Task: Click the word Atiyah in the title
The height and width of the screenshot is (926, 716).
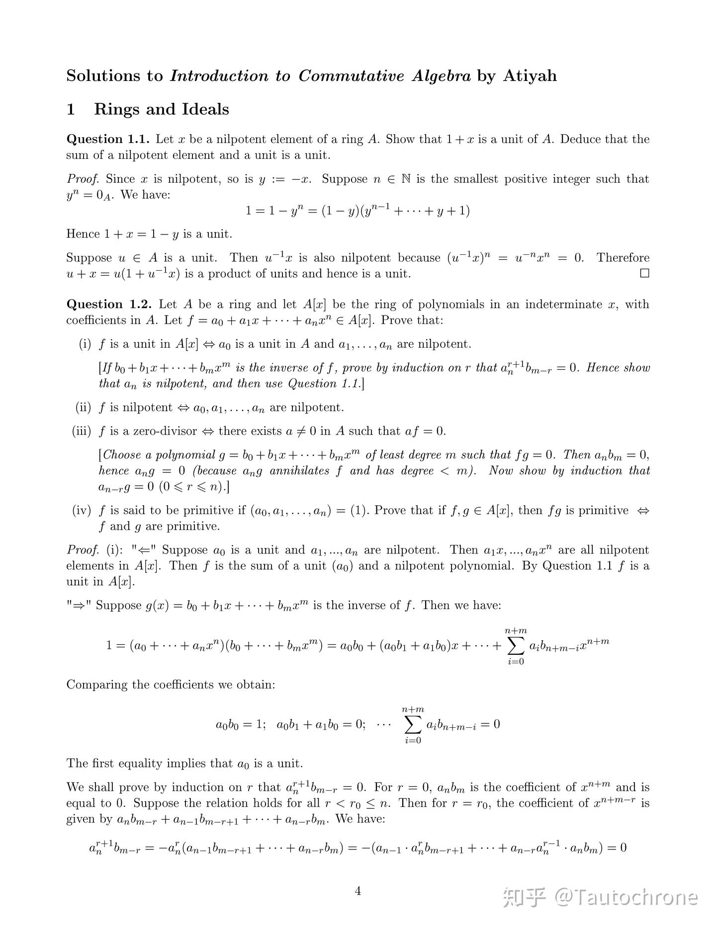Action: point(530,76)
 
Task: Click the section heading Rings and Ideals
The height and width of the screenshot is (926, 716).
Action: point(161,109)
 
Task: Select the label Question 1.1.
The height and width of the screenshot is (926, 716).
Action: point(108,139)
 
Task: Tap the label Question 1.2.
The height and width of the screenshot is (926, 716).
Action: point(108,304)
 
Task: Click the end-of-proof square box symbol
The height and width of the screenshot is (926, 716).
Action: point(644,273)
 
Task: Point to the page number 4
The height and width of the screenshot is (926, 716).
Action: point(358,891)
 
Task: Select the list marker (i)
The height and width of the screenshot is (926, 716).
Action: point(85,344)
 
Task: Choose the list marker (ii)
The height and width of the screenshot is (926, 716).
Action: point(83,408)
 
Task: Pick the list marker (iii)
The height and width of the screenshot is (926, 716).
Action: point(82,431)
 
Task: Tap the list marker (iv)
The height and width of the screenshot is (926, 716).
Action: point(82,510)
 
